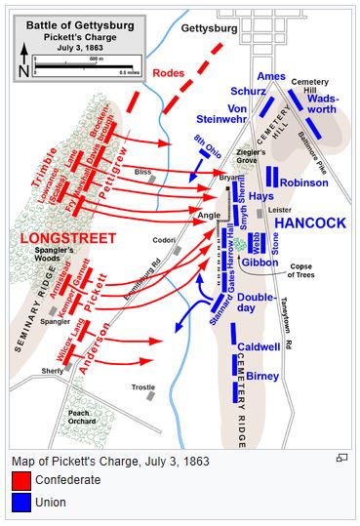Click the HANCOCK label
310,223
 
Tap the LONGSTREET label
68,237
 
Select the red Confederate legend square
20,481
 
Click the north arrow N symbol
23,70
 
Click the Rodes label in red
170,100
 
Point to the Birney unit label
262,376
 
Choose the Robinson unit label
304,182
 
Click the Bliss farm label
144,173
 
